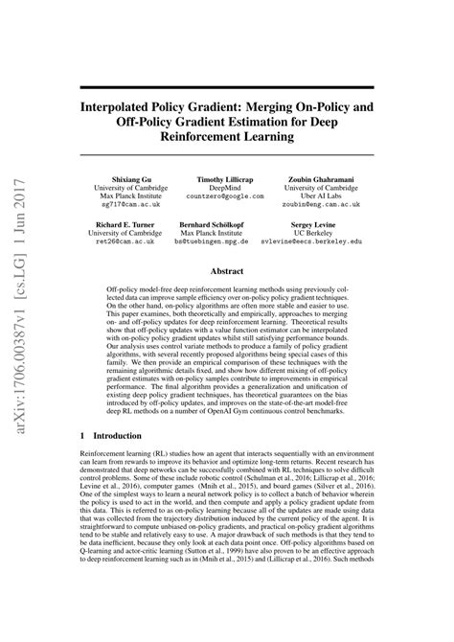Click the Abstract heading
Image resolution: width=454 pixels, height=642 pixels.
pyautogui.click(x=227, y=271)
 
